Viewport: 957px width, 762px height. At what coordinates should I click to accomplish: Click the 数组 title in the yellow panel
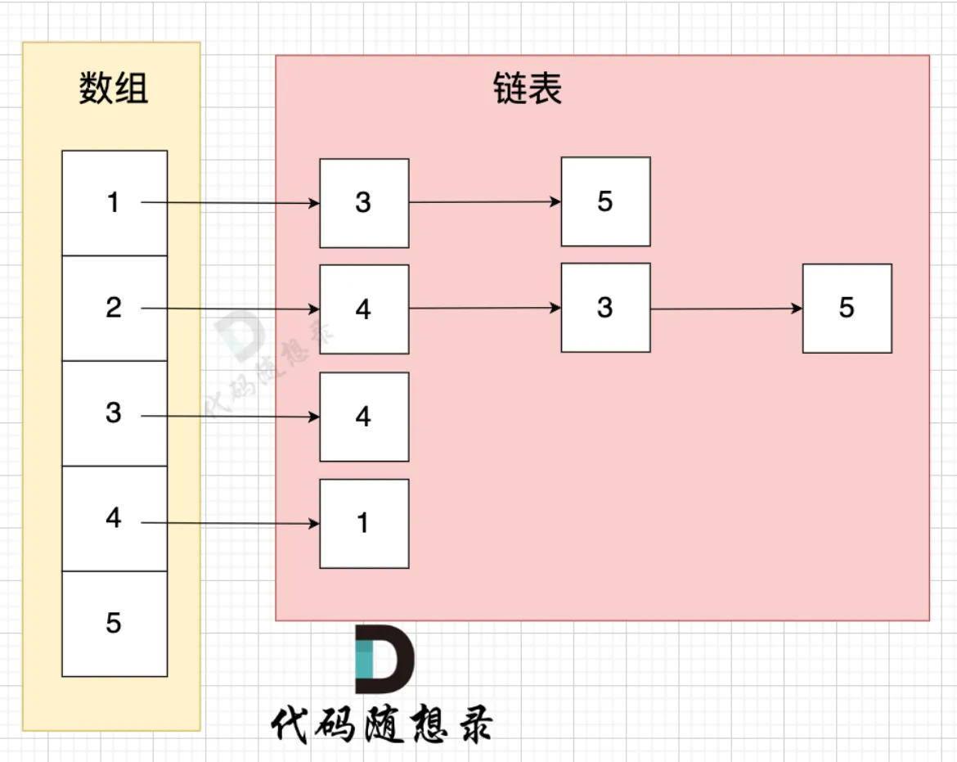114,88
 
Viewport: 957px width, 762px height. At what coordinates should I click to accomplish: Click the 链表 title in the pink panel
528,88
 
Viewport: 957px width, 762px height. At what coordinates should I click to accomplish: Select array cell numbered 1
114,202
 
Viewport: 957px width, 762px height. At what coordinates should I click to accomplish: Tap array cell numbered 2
114,308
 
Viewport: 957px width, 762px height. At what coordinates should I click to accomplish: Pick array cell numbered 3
114,413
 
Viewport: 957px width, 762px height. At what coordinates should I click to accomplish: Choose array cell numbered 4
114,518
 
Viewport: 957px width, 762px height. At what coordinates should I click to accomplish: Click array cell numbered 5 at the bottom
114,624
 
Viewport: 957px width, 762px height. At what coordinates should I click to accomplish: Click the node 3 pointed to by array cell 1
364,203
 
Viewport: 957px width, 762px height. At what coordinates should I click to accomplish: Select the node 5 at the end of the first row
605,201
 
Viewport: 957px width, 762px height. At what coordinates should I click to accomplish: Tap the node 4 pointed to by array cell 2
364,309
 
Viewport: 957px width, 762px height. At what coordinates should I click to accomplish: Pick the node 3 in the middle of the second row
605,308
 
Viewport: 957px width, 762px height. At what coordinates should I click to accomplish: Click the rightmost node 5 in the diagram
847,309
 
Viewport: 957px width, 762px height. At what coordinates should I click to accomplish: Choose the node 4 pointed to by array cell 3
364,417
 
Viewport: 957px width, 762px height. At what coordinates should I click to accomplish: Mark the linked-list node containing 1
364,524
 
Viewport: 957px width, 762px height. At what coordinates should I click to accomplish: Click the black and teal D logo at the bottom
384,660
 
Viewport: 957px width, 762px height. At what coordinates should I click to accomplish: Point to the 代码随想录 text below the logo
382,724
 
